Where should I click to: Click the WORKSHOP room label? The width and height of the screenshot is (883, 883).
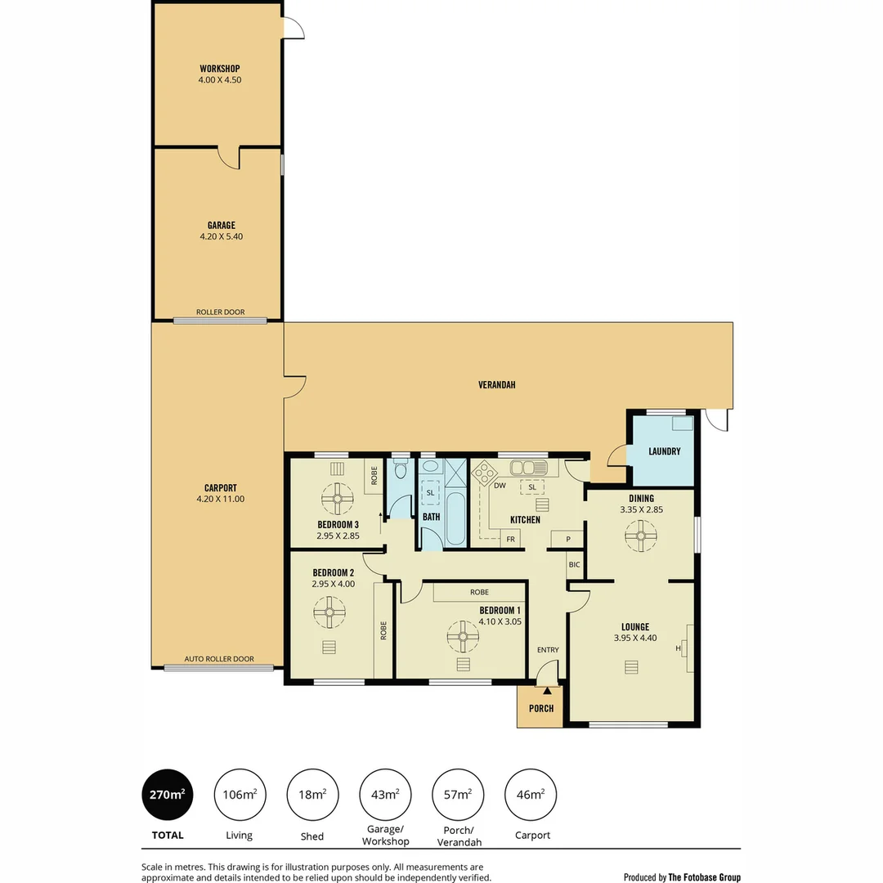[219, 69]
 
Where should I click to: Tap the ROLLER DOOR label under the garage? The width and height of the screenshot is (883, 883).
[220, 312]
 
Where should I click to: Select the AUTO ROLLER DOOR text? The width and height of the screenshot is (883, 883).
[219, 659]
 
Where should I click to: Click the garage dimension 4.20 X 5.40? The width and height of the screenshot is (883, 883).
[221, 237]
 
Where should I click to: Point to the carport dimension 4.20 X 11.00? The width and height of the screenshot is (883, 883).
[220, 499]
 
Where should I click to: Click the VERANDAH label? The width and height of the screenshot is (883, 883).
[498, 384]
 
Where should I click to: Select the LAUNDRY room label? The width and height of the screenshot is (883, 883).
[664, 451]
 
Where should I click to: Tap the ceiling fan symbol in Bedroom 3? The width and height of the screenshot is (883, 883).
[337, 498]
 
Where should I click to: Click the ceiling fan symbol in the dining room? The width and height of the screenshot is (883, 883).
[641, 536]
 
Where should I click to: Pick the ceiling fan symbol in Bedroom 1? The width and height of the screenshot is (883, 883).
[463, 635]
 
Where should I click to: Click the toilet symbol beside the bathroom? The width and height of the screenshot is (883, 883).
[400, 470]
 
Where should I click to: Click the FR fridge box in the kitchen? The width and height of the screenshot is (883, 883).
[510, 540]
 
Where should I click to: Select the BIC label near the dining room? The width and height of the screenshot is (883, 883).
[574, 564]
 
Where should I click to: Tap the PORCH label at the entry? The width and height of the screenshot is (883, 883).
[541, 709]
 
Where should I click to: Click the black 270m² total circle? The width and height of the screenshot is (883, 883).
[168, 794]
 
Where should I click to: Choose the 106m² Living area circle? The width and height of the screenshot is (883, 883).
[240, 794]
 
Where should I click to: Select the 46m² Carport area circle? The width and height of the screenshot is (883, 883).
[531, 794]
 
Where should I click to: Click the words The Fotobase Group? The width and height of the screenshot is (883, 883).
[704, 877]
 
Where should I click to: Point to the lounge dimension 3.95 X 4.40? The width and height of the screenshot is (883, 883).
[635, 639]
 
